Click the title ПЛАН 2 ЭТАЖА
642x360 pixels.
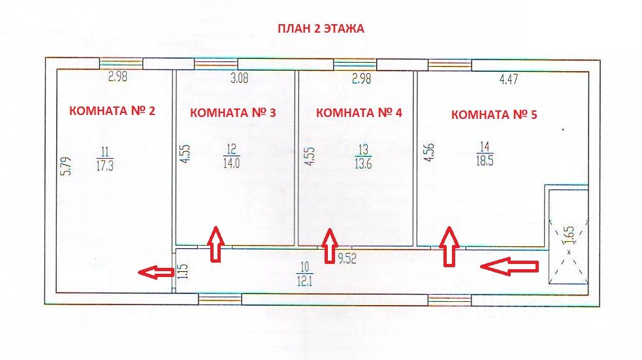pos(321,29)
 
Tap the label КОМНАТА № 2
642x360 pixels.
pos(112,110)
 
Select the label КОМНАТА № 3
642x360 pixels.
pos(233,112)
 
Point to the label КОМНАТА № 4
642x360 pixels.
pos(359,112)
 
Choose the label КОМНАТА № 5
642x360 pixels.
pos(494,114)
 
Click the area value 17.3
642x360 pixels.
pos(104,166)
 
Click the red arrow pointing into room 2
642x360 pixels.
pos(156,272)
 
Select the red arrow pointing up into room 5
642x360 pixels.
pos(448,246)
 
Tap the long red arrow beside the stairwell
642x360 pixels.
pos(509,265)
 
